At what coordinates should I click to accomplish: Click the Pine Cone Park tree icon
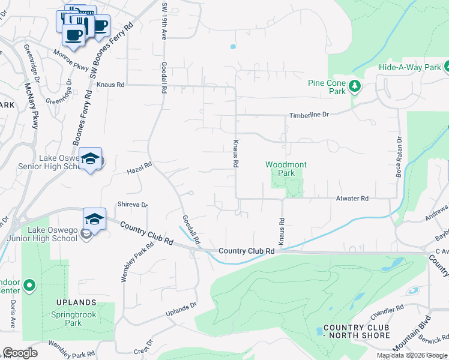[355, 87]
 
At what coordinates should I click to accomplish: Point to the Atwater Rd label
[352, 198]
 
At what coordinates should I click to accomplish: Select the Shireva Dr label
[133, 204]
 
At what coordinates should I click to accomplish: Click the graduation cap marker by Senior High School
[90, 159]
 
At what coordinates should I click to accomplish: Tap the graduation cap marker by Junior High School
[95, 220]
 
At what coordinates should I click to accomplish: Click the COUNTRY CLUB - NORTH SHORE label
[357, 331]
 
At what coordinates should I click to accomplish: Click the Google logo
[20, 353]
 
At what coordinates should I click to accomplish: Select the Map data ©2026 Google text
[412, 355]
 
